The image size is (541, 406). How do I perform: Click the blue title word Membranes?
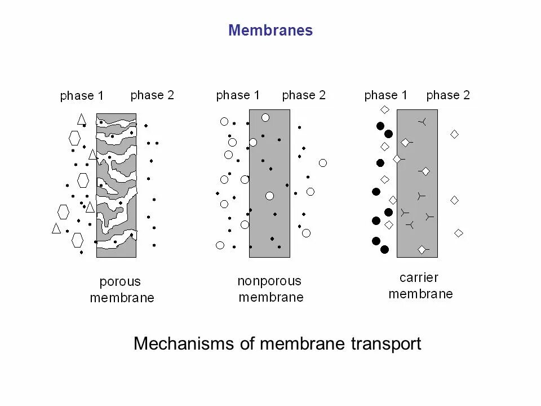(x=270, y=30)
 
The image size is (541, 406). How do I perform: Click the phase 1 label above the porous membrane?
(x=82, y=96)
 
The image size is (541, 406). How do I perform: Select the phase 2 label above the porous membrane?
(x=152, y=95)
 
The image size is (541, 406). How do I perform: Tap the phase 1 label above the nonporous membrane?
(x=238, y=95)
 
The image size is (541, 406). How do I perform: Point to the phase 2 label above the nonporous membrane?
(x=304, y=95)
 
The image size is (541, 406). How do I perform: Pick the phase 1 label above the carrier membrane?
(x=386, y=95)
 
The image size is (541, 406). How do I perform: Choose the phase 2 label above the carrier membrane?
(x=448, y=95)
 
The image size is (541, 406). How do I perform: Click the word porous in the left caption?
(x=120, y=281)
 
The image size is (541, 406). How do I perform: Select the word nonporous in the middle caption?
(x=269, y=281)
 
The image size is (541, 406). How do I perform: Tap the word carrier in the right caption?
(x=419, y=277)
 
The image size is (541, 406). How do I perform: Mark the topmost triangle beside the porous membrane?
(x=82, y=119)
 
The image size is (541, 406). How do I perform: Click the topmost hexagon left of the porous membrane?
(x=74, y=138)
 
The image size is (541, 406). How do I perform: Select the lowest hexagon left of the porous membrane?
(x=77, y=240)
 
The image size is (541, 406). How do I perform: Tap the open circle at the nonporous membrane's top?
(x=265, y=117)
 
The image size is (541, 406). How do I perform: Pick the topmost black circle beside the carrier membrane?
(x=380, y=126)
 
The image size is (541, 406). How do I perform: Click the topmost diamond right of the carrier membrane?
(x=454, y=134)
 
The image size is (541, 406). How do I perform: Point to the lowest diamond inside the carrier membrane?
(x=422, y=249)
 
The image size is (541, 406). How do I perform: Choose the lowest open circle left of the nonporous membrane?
(x=220, y=245)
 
